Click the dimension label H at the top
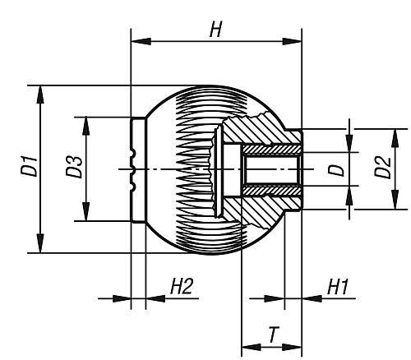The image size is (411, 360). coord(215,30)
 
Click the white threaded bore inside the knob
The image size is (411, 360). coord(271,168)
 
